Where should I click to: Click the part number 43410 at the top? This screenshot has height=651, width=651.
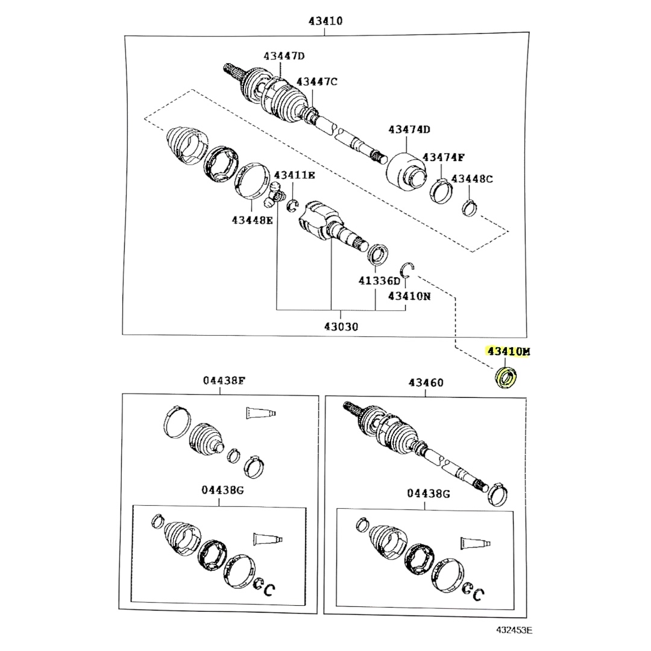pyautogui.click(x=325, y=20)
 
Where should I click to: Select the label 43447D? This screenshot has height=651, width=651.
pyautogui.click(x=284, y=55)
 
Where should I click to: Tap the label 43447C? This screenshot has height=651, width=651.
pyautogui.click(x=317, y=81)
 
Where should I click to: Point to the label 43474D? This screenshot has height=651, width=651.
pyautogui.click(x=409, y=130)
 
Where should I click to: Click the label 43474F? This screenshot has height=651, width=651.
pyautogui.click(x=444, y=157)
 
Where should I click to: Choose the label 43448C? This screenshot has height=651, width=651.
pyautogui.click(x=472, y=179)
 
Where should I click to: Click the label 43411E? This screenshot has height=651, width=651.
pyautogui.click(x=294, y=175)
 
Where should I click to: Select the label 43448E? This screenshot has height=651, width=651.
pyautogui.click(x=253, y=220)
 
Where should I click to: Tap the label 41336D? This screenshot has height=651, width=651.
pyautogui.click(x=380, y=281)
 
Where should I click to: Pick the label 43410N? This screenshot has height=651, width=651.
pyautogui.click(x=409, y=296)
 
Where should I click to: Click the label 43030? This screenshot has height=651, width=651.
pyautogui.click(x=341, y=327)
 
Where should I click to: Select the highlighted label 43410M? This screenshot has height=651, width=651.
pyautogui.click(x=509, y=351)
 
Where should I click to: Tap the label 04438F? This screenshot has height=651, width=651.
pyautogui.click(x=224, y=380)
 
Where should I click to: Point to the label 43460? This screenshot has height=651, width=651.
pyautogui.click(x=426, y=382)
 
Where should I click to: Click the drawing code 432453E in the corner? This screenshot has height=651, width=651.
pyautogui.click(x=514, y=630)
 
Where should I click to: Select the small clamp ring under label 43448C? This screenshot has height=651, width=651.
pyautogui.click(x=469, y=207)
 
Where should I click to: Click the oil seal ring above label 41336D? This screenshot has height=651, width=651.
pyautogui.click(x=378, y=254)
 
